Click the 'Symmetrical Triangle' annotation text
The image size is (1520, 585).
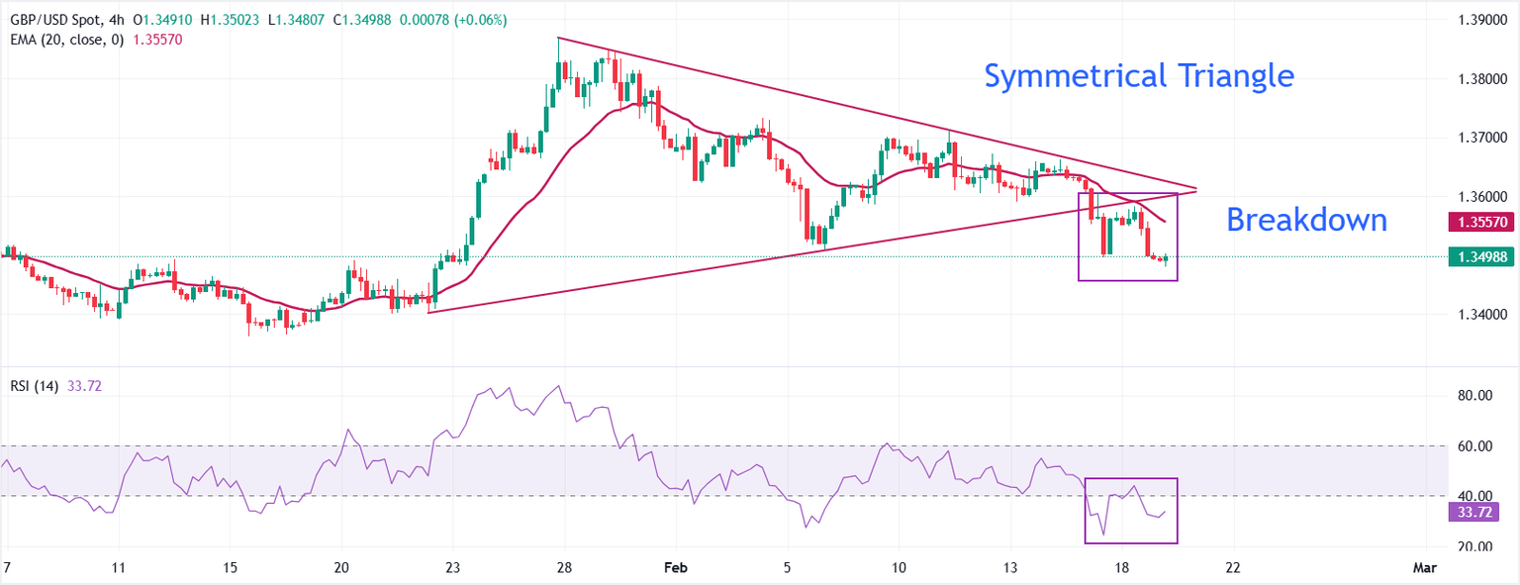pyautogui.click(x=1139, y=75)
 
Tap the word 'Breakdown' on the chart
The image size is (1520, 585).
pyautogui.click(x=1306, y=220)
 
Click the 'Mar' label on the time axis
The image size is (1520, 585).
pyautogui.click(x=1424, y=568)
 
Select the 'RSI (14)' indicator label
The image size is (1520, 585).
pyautogui.click(x=33, y=386)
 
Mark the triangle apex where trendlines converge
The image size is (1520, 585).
pyautogui.click(x=1197, y=188)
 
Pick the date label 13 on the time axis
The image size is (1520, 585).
pyautogui.click(x=1011, y=568)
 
